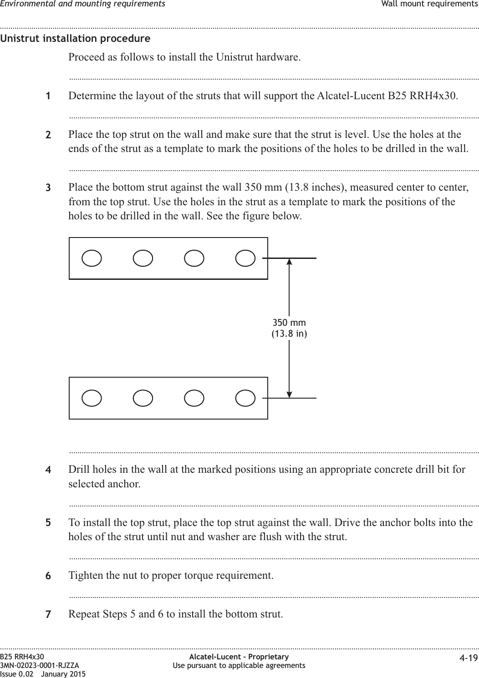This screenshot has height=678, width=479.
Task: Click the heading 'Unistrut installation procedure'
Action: click(x=75, y=39)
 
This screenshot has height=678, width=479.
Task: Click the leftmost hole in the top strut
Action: click(x=92, y=258)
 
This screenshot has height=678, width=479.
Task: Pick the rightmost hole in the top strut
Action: click(x=245, y=258)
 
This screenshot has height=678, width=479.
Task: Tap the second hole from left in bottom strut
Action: click(x=143, y=398)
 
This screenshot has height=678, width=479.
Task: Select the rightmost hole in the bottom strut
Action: click(x=245, y=398)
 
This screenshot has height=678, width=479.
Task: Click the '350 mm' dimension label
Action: click(x=289, y=323)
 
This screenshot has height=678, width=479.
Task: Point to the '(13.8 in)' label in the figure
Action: click(x=289, y=334)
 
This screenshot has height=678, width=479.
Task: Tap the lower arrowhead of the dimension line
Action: click(x=290, y=394)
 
